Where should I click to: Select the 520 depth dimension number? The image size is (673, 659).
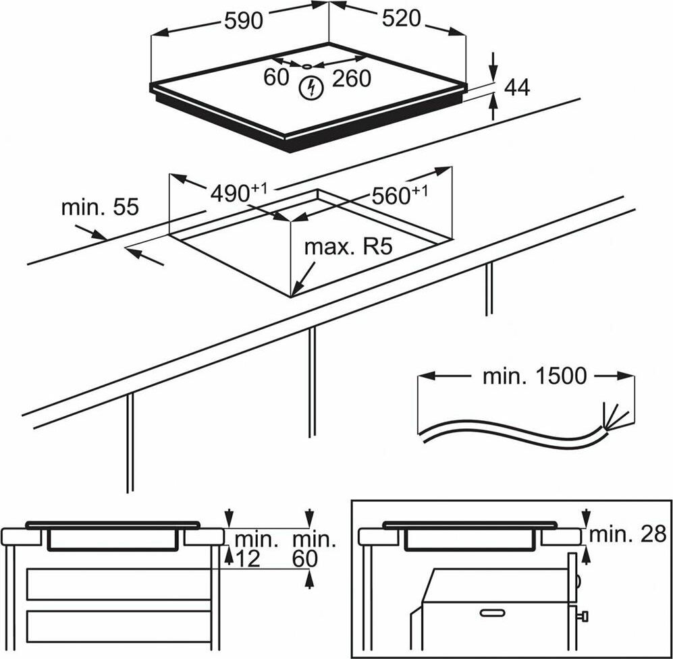(401, 20)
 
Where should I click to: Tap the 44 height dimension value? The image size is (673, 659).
(517, 88)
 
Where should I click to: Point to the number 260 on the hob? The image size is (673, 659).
(351, 79)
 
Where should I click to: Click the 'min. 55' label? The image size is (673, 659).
(100, 207)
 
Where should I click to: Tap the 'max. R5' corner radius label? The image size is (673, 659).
(348, 247)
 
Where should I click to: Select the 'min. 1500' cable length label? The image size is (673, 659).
(534, 376)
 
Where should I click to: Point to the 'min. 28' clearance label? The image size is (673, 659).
(628, 534)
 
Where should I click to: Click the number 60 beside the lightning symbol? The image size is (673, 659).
(276, 78)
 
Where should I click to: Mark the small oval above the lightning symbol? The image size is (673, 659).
(307, 67)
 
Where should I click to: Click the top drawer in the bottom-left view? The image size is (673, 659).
(119, 584)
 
